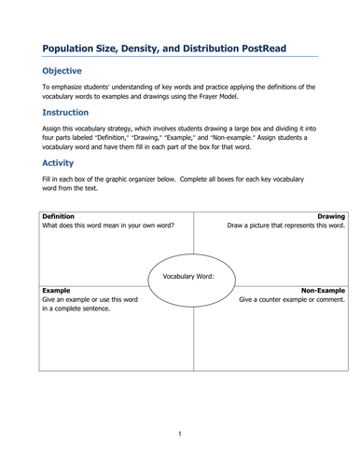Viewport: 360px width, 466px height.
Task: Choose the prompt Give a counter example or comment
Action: (x=291, y=299)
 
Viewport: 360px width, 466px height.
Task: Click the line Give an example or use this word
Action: (x=90, y=299)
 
